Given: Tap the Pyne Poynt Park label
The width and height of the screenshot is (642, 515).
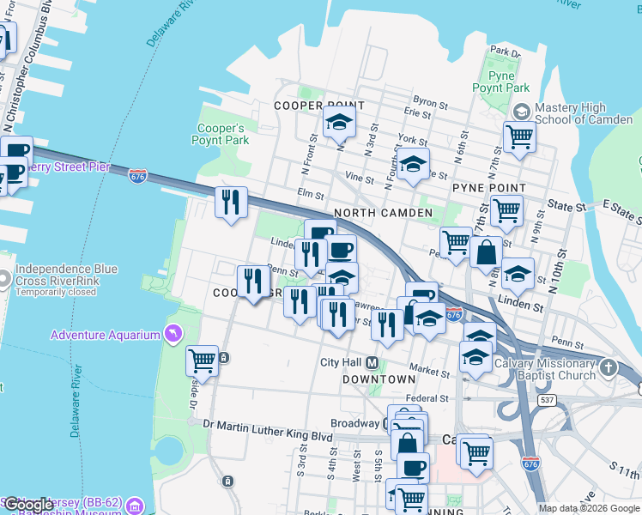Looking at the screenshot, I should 500,82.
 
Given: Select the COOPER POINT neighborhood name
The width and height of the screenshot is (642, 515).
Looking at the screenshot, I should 319,106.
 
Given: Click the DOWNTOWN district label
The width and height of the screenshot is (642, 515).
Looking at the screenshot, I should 379,379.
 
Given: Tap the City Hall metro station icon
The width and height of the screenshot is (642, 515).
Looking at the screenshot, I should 374,363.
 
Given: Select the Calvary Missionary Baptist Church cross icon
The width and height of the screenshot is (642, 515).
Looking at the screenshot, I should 609,368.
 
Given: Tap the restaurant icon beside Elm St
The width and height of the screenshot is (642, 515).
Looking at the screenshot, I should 231,203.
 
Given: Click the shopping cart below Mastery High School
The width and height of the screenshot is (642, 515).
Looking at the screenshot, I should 519,136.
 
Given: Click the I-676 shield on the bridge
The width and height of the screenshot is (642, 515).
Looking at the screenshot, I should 137,175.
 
